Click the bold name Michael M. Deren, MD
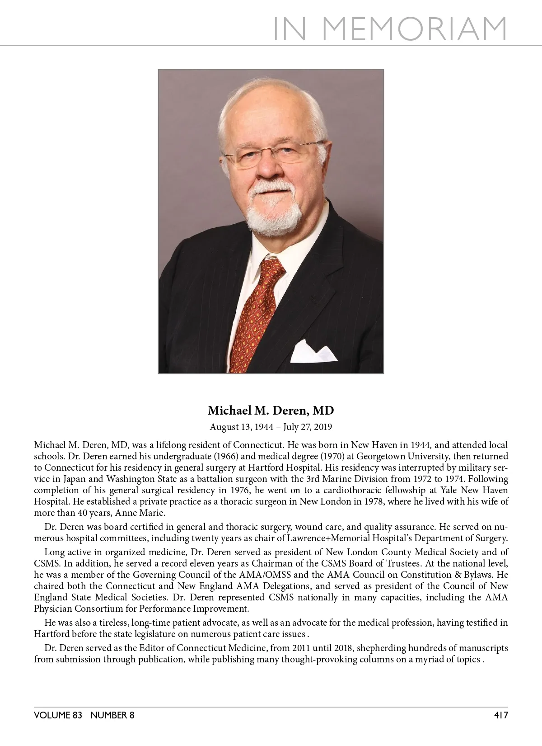pyautogui.click(x=271, y=411)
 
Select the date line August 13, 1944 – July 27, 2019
pyautogui.click(x=271, y=427)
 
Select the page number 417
pyautogui.click(x=500, y=715)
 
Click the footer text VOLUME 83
pyautogui.click(x=58, y=715)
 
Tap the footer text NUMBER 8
pyautogui.click(x=112, y=715)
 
